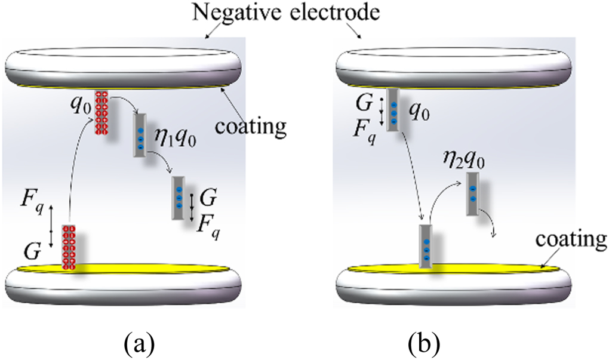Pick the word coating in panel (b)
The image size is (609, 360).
pos(573,239)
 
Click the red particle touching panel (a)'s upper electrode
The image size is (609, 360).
pos(101,113)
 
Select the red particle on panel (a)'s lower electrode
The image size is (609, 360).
pos(69,247)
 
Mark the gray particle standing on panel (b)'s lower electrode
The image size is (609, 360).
pos(426,246)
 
